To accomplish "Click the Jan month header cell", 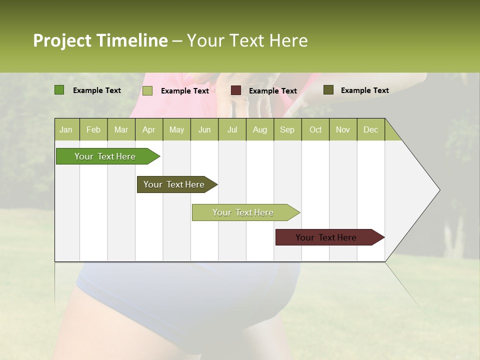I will pyautogui.click(x=66, y=129).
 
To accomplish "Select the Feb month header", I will pyautogui.click(x=93, y=129).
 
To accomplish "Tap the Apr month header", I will pyautogui.click(x=149, y=129).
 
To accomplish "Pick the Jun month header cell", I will pyautogui.click(x=204, y=129).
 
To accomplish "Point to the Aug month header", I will pyautogui.click(x=260, y=129).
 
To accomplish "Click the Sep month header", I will pyautogui.click(x=287, y=129).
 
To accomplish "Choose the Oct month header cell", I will pyautogui.click(x=315, y=129).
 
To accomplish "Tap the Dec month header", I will pyautogui.click(x=371, y=129).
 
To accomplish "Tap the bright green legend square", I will pyautogui.click(x=59, y=90).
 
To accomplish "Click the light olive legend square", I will pyautogui.click(x=147, y=90).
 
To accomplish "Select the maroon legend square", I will pyautogui.click(x=235, y=90).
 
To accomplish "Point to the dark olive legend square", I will pyautogui.click(x=328, y=90).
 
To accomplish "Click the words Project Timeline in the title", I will pyautogui.click(x=100, y=40).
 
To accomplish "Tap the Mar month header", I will pyautogui.click(x=121, y=129).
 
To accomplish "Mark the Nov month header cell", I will pyautogui.click(x=343, y=129).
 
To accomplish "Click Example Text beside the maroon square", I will pyautogui.click(x=273, y=91).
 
